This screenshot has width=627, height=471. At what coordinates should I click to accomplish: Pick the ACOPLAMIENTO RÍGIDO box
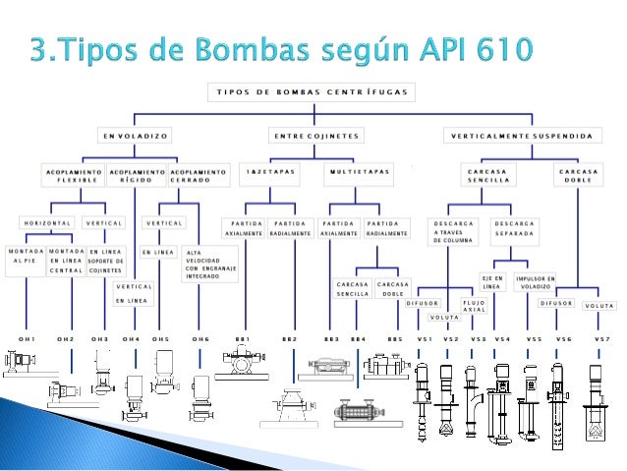136,174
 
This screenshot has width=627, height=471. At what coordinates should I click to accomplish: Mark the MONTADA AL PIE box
26,257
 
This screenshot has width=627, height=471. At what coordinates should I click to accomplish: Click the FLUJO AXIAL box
474,305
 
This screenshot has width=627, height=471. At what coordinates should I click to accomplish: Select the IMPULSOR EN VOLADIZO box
535,283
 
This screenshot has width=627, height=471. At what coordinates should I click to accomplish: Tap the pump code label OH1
26,339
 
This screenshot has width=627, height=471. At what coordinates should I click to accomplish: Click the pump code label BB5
394,339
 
